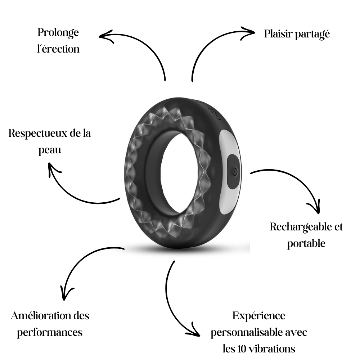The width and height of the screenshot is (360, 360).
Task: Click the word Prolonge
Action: pyautogui.click(x=58, y=33)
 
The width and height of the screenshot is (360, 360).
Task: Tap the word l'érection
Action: pyautogui.click(x=58, y=49)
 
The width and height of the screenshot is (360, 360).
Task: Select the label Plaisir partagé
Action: pyautogui.click(x=297, y=34)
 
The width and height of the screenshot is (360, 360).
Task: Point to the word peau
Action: pyautogui.click(x=50, y=150)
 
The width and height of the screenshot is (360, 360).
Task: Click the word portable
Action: pyautogui.click(x=306, y=243)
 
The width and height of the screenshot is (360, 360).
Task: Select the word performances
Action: pyautogui.click(x=50, y=332)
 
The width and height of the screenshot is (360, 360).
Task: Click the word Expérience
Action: pyautogui.click(x=258, y=316)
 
